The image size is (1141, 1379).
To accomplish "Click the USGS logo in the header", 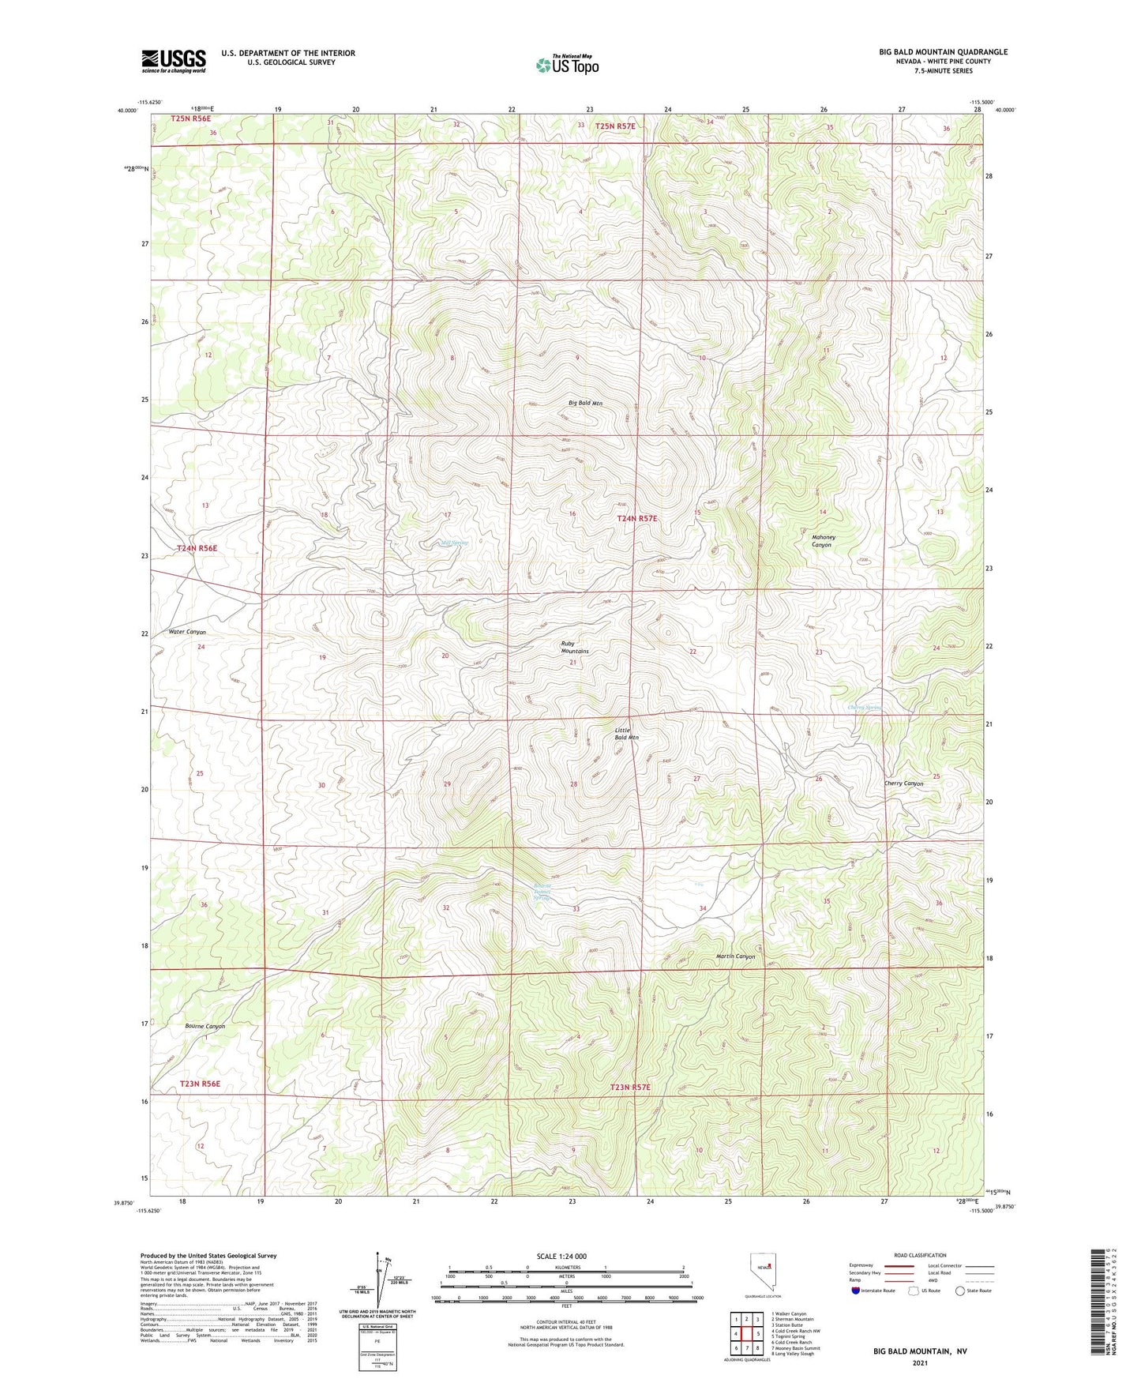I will point(174,61).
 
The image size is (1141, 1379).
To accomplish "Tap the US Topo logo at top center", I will point(567,65).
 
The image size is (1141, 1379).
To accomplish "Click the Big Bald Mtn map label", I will point(585,403).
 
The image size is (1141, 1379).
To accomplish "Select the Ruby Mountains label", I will point(574,647).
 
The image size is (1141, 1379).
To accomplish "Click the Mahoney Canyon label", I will point(823,541).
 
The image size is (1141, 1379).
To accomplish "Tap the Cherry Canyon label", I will point(903,783).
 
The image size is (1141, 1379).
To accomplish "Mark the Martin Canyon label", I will point(735,956).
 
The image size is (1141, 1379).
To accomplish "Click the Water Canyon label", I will point(187,632).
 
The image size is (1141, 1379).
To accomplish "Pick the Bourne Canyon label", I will point(205,1026).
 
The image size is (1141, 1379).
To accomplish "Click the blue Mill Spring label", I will point(454,543).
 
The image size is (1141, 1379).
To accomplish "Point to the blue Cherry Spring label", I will point(863,707).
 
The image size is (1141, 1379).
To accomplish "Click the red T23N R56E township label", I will point(200,1084).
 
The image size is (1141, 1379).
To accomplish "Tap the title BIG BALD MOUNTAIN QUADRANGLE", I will point(943,52).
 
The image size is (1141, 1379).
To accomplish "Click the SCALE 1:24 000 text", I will point(561,1256).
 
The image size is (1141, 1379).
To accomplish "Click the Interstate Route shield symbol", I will point(856,1291).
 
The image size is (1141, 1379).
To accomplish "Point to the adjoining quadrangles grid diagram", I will point(746,1334).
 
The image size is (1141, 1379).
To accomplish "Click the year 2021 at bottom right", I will point(920,1362).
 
